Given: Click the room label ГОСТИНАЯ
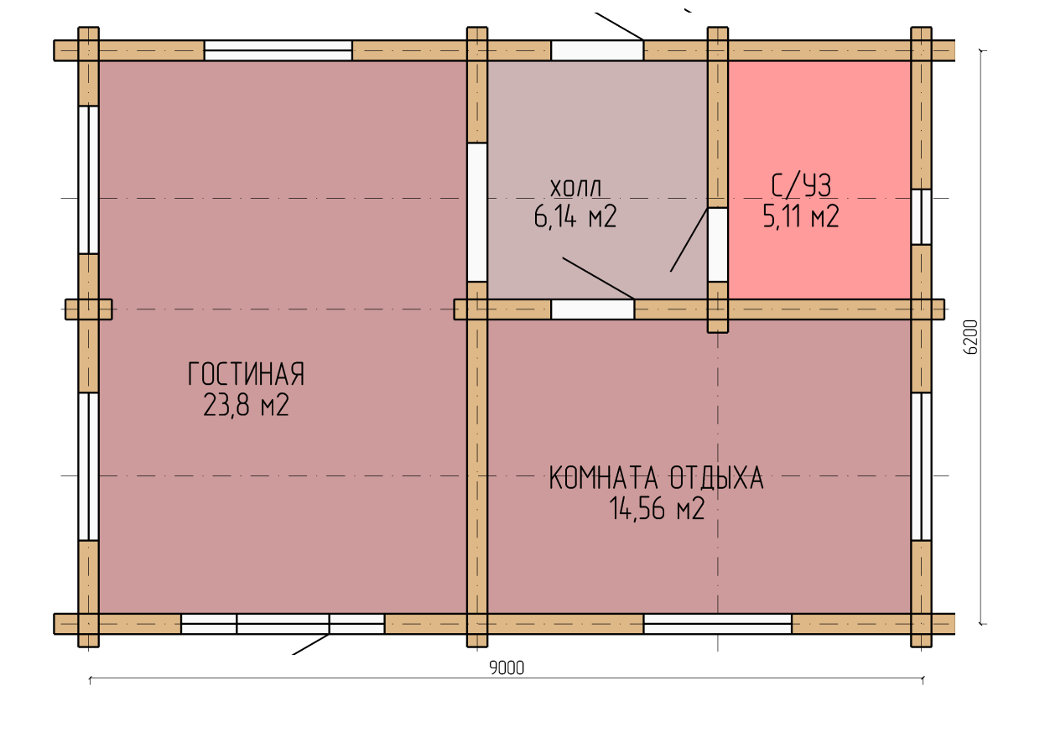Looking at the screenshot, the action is coord(246,374).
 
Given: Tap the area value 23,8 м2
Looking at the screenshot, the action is coord(246,405).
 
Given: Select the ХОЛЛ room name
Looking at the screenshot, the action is coord(575,189).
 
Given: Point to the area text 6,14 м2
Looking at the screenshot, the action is coord(575,216).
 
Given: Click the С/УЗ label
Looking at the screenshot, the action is coord(801,185).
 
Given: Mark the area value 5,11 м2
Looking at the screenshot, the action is coord(801,216).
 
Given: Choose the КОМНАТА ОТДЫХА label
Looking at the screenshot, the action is coord(657,478).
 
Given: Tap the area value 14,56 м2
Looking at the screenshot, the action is coord(657,508).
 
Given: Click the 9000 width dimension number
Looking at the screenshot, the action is coord(507,668).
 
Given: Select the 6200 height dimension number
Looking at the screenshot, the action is coord(971,337).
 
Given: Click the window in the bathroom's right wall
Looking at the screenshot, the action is coord(922,217).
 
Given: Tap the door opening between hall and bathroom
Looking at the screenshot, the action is coord(718,245).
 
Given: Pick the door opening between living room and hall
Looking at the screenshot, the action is coord(477,212).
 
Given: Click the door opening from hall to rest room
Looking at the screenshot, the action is coord(592,309).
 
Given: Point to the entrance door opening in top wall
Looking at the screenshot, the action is coord(597,50).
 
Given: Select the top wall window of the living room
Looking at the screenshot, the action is coord(278,50).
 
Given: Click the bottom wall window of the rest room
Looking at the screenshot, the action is coord(718,624).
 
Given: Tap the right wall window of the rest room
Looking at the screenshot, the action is coord(922,467).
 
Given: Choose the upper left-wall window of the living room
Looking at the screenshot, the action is coord(88,180).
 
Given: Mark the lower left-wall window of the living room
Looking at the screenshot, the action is coord(88,467).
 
